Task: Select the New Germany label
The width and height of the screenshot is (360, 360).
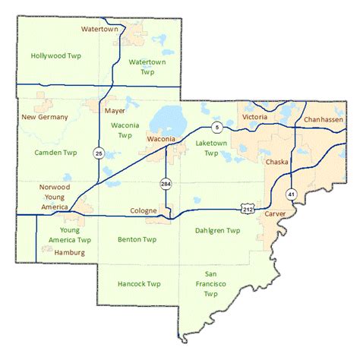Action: tap(45, 117)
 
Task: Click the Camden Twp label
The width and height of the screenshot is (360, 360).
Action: tap(55, 153)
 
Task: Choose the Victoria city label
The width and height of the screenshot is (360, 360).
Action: tap(254, 117)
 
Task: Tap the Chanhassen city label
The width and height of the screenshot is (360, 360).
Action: tap(323, 120)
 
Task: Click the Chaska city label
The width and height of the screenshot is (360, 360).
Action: tap(276, 163)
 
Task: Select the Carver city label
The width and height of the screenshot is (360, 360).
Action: tap(274, 215)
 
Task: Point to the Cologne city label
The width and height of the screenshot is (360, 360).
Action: tap(144, 210)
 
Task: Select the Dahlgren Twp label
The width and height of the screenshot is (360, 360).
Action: tap(217, 230)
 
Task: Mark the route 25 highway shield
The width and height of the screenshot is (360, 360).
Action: tap(99, 153)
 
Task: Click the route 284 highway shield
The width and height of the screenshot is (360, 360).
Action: tap(166, 184)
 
